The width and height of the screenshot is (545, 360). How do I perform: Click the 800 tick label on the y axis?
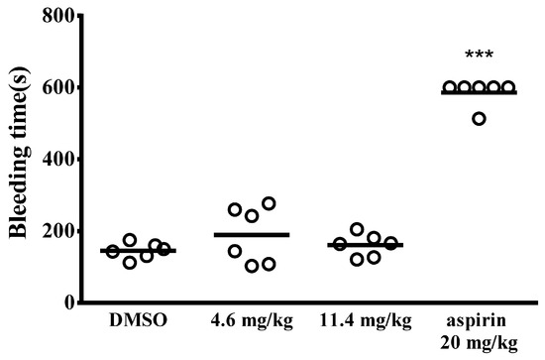tap(57, 15)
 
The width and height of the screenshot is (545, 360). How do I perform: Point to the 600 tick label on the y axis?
tap(57, 87)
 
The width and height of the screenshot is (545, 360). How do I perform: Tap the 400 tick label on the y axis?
tap(57, 159)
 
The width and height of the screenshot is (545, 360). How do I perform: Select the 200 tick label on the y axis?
tap(57, 230)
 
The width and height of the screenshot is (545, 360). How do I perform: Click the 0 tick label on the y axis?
tap(69, 301)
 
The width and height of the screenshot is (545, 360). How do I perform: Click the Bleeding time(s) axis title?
tap(20, 153)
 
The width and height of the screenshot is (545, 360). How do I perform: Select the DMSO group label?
tap(139, 320)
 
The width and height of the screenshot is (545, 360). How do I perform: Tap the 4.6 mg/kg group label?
tap(252, 321)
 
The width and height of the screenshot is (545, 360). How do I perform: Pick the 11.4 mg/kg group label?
tap(366, 321)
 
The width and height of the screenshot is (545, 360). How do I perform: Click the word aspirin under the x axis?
tap(477, 321)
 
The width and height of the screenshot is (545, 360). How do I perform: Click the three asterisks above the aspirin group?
tap(479, 55)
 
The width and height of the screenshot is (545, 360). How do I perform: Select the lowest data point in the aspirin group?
tap(479, 119)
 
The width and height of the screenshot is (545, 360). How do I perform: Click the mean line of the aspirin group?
tap(479, 92)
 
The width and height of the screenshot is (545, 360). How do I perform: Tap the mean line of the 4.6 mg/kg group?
tap(252, 235)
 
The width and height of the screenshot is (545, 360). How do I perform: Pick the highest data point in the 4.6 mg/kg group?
tap(269, 203)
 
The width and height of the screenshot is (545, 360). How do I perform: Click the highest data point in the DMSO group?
tap(130, 240)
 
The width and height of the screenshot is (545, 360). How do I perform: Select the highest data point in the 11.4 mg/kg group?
tap(357, 229)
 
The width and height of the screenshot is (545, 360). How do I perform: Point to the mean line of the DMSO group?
tap(139, 251)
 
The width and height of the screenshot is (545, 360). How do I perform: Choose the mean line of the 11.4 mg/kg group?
tap(366, 245)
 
